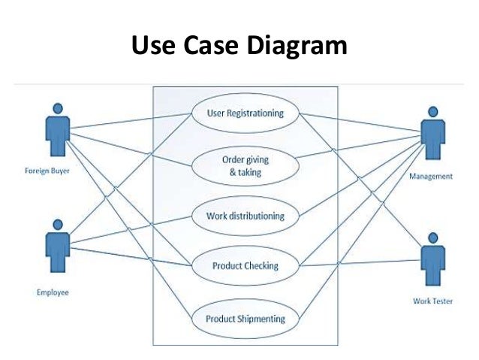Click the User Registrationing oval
click(246, 114)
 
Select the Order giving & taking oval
click(246, 165)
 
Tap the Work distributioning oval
click(246, 216)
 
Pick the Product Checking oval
click(246, 266)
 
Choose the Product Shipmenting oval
click(246, 318)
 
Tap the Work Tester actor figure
click(430, 262)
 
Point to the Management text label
click(430, 177)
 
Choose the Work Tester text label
click(432, 302)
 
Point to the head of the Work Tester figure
click(430, 240)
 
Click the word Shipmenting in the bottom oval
click(262, 318)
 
